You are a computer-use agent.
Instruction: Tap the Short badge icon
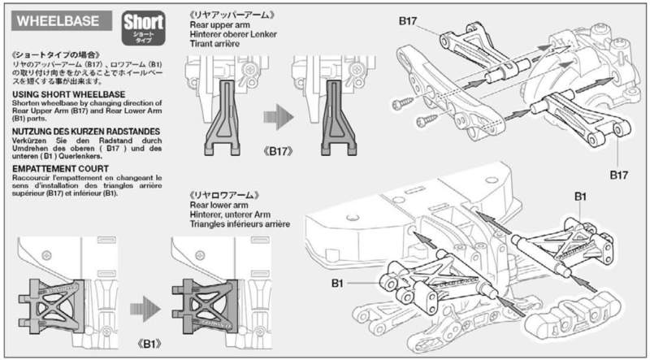tap(144, 28)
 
